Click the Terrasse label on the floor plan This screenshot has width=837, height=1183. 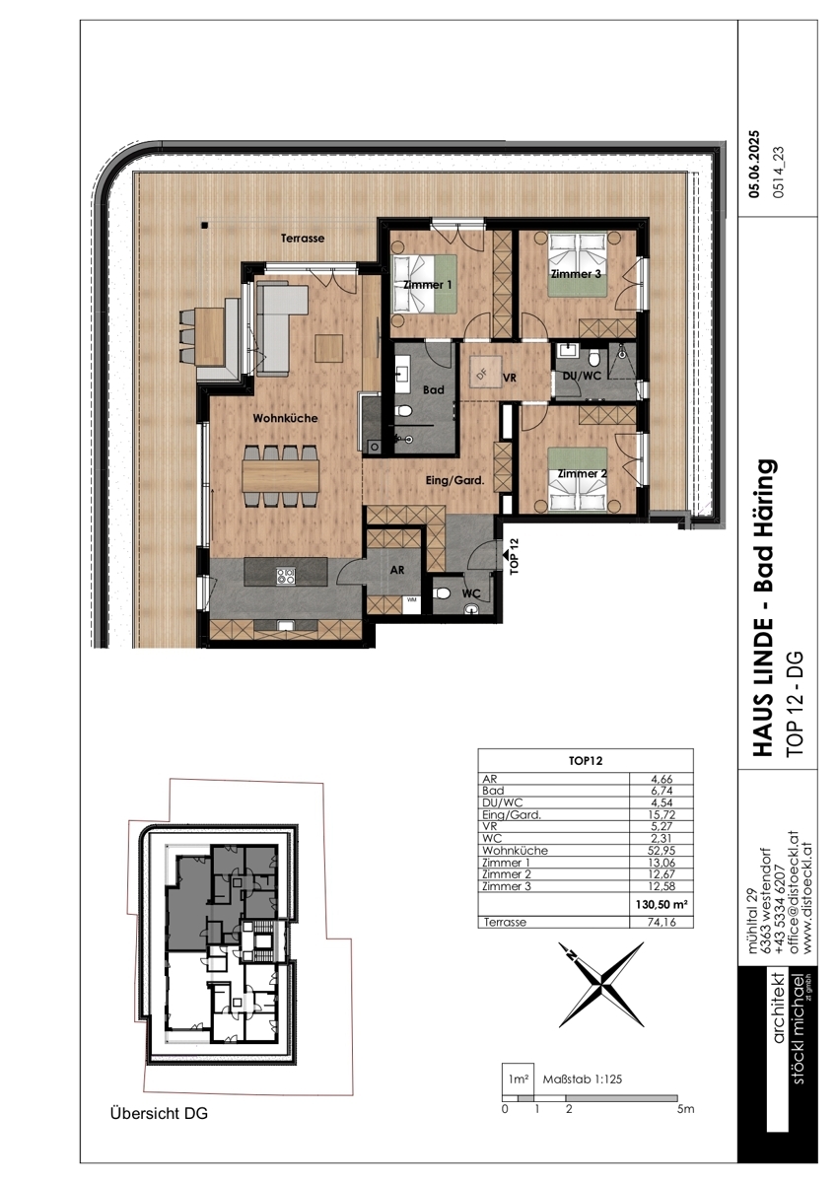pos(302,239)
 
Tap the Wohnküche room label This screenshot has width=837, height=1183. pos(285,418)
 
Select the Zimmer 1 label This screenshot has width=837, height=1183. pos(427,285)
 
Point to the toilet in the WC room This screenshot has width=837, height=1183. pos(442,593)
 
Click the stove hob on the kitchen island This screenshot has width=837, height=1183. pos(286,575)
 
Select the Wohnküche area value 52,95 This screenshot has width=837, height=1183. pos(661,850)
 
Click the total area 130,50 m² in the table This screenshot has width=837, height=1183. pos(661,904)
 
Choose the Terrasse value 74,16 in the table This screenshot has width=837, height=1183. pos(661,922)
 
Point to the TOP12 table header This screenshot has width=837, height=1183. pos(585,761)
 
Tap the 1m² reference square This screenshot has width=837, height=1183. pos(518,1079)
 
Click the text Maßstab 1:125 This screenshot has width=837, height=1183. pos(583,1079)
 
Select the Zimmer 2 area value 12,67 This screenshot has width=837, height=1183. pos(661,874)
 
